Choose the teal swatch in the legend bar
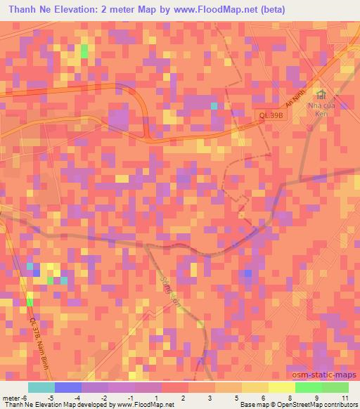tap(41, 387)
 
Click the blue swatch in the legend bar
tap(67, 387)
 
